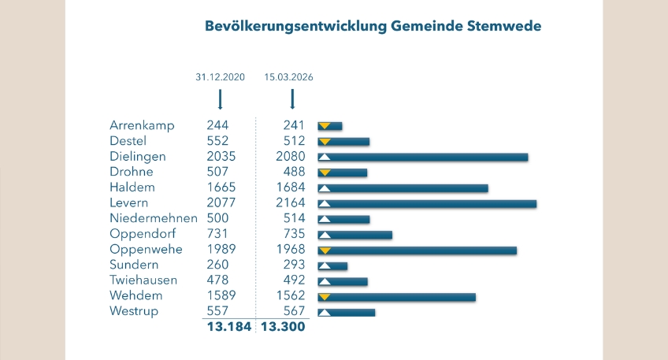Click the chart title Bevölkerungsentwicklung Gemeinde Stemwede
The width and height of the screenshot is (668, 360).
coord(373,26)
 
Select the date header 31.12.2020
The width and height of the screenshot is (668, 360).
coord(220,77)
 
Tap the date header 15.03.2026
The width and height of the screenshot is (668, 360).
coord(291,77)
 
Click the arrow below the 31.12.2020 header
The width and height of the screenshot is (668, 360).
coord(220,99)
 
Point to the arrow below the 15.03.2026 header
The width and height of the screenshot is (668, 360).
coord(292,99)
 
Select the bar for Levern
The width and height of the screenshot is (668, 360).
coord(427,204)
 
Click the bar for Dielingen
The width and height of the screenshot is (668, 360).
coord(422,157)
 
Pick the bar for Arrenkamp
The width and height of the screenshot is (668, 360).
coord(330,126)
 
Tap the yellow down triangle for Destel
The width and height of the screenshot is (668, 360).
coord(324,142)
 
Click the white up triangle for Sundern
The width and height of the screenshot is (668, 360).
coord(324,266)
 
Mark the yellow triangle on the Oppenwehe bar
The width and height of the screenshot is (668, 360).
coord(324,251)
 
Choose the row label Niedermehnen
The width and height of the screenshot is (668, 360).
coord(154,218)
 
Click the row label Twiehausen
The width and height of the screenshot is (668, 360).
coord(143,280)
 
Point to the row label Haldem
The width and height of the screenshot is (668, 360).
coord(132,187)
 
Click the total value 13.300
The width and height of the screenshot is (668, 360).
coord(283,327)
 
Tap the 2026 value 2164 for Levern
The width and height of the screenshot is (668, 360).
coord(291,203)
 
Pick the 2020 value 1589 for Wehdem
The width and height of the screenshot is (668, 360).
coord(221,295)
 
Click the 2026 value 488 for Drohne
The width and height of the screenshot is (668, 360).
coord(294,172)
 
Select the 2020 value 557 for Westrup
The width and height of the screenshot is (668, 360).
coord(217,311)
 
